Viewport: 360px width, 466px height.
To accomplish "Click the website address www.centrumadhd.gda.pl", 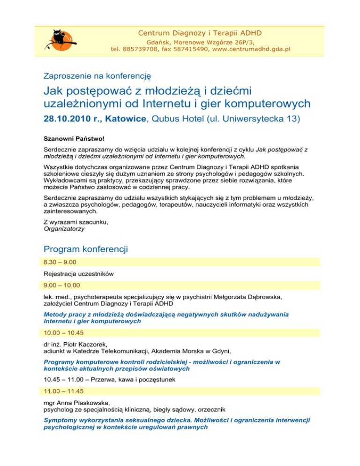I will pyautogui.click(x=251, y=48).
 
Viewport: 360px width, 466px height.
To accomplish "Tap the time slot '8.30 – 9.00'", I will pyautogui.click(x=60, y=262).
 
